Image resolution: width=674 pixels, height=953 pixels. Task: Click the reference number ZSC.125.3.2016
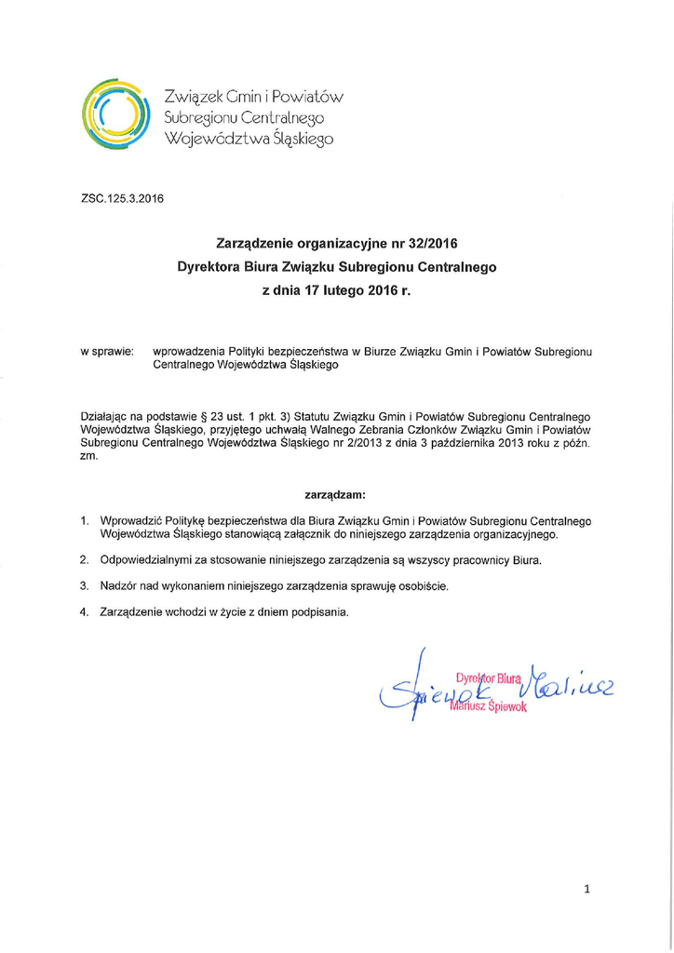point(123,198)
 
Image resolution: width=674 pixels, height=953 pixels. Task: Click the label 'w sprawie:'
point(107,353)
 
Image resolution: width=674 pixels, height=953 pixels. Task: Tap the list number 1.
point(84,520)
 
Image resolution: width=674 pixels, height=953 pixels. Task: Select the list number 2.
point(84,561)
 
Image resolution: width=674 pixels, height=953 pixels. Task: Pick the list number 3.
point(84,586)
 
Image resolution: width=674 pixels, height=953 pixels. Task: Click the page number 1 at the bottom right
point(587,891)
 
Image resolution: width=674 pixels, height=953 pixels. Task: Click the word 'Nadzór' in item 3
point(118,586)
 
